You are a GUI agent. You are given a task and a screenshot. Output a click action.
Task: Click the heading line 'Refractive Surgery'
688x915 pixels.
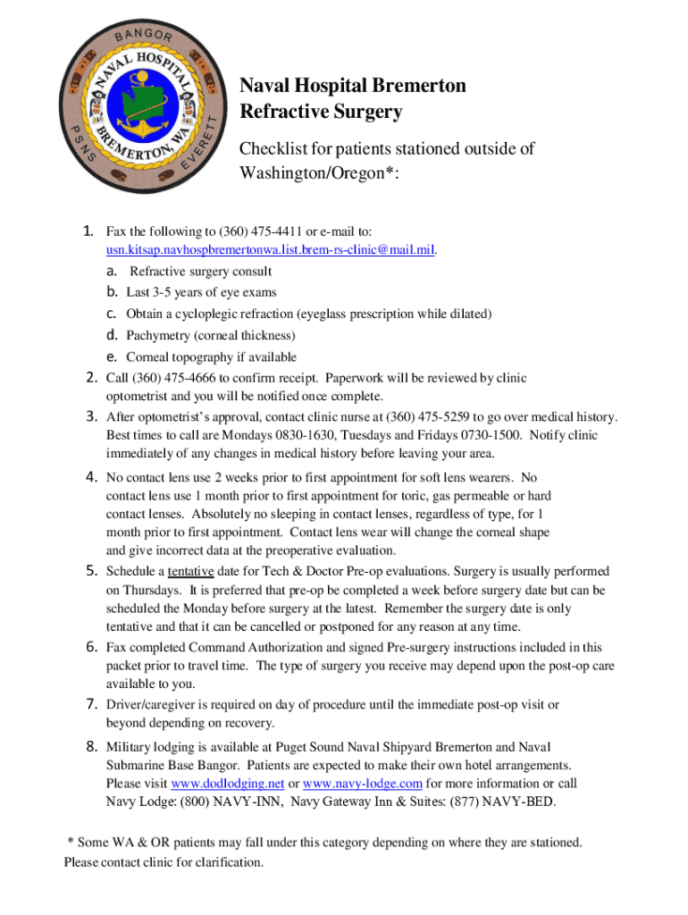point(321,113)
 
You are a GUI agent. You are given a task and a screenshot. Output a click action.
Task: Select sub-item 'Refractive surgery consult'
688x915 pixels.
point(201,271)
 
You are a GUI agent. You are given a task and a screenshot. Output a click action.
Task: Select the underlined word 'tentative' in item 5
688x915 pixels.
point(191,571)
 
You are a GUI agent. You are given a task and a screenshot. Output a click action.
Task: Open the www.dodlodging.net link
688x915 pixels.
point(227,784)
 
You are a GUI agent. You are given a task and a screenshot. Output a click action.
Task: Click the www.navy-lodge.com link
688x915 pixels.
point(363,784)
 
